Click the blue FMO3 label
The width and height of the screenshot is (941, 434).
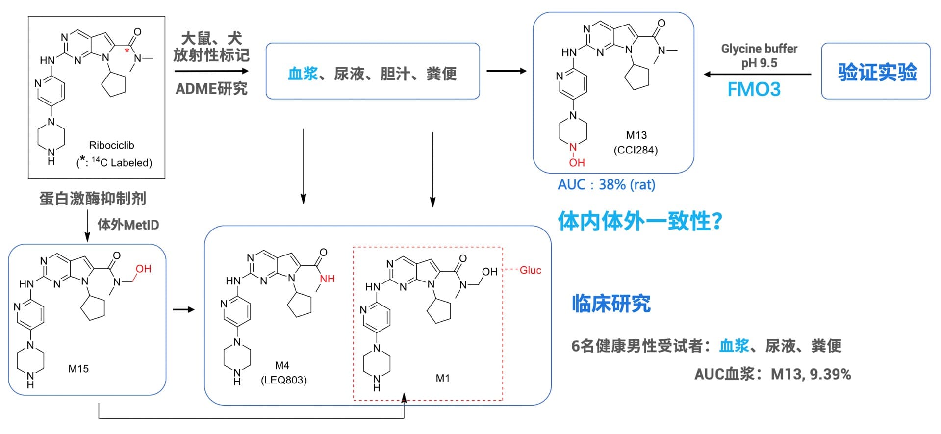click(754, 89)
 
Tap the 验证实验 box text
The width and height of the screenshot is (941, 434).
click(877, 72)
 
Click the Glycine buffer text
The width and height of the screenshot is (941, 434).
click(759, 49)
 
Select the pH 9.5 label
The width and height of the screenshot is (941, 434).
click(759, 63)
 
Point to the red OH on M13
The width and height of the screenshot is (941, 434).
click(577, 162)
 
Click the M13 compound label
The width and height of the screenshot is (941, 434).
click(636, 135)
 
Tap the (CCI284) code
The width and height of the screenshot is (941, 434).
click(636, 150)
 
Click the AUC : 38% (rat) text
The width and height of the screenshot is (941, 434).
click(606, 185)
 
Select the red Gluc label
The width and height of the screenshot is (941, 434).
click(530, 270)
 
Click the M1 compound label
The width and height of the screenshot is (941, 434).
click(442, 378)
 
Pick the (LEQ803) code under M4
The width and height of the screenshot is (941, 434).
click(283, 380)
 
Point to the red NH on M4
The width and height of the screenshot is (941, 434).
click(327, 279)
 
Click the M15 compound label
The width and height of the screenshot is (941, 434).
click(78, 369)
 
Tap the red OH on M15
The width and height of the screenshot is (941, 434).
click(143, 269)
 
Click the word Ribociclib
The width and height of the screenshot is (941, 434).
click(111, 145)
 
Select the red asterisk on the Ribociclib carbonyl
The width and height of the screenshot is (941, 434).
click(127, 51)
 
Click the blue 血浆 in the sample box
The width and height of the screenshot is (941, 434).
click(303, 74)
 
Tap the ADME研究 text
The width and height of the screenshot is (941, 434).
click(211, 89)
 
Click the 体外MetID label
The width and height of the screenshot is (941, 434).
click(128, 225)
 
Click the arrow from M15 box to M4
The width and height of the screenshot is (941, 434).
click(184, 309)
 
